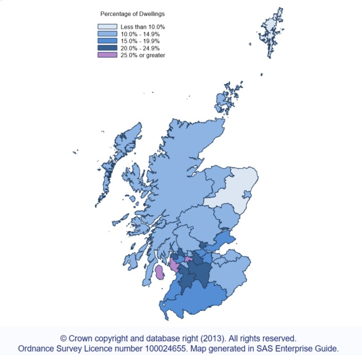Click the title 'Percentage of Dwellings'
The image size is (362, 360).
[x=132, y=14]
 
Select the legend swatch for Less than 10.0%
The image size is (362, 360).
[x=108, y=27]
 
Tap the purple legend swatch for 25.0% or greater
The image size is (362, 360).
[x=108, y=55]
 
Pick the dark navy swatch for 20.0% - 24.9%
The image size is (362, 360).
[x=108, y=48]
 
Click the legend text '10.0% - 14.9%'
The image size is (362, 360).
[x=140, y=34]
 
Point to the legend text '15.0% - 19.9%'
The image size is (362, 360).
[x=140, y=41]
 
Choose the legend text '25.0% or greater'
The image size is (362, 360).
[x=143, y=55]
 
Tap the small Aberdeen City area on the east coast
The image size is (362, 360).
[x=247, y=195]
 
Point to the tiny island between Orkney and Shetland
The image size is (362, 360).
[x=261, y=74]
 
